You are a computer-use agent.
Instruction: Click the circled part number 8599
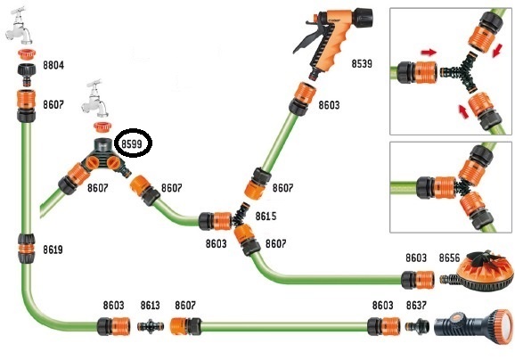(132, 143)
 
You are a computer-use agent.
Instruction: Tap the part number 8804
(53, 65)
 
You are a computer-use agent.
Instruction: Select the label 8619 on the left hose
(53, 250)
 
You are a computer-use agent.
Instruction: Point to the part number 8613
(150, 306)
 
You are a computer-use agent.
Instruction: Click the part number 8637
(416, 306)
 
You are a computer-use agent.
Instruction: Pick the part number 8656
(449, 258)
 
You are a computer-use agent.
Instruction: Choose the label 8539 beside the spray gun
(362, 63)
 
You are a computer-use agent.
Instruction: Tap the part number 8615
(266, 217)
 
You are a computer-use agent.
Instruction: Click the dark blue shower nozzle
(474, 326)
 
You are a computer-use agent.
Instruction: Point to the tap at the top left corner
(19, 26)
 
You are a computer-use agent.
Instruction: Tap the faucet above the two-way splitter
(95, 99)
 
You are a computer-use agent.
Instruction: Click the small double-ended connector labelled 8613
(151, 326)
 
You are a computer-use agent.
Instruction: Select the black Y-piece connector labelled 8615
(240, 216)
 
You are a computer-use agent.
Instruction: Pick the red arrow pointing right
(429, 52)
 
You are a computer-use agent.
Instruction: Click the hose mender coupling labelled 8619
(26, 249)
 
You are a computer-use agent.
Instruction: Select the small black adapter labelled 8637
(417, 325)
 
